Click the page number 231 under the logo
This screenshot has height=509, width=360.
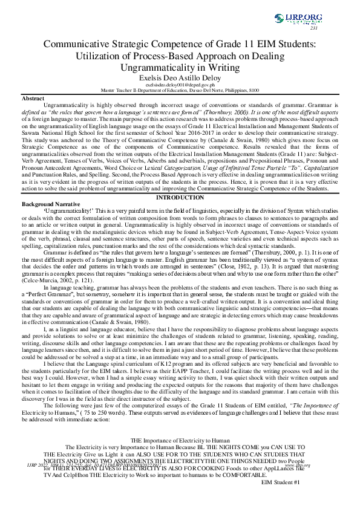tap(313, 28)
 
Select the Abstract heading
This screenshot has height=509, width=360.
tap(33, 98)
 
